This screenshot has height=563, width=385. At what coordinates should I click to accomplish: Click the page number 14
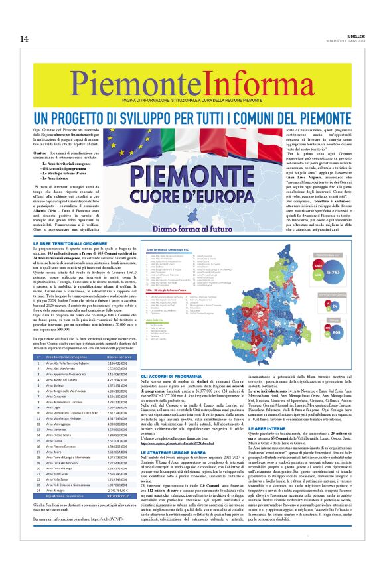23,39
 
